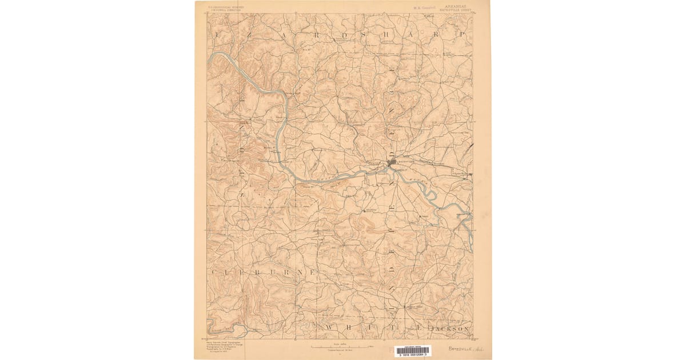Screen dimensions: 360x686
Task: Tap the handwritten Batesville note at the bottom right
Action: point(464,347)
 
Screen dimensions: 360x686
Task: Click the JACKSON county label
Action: point(451,329)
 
